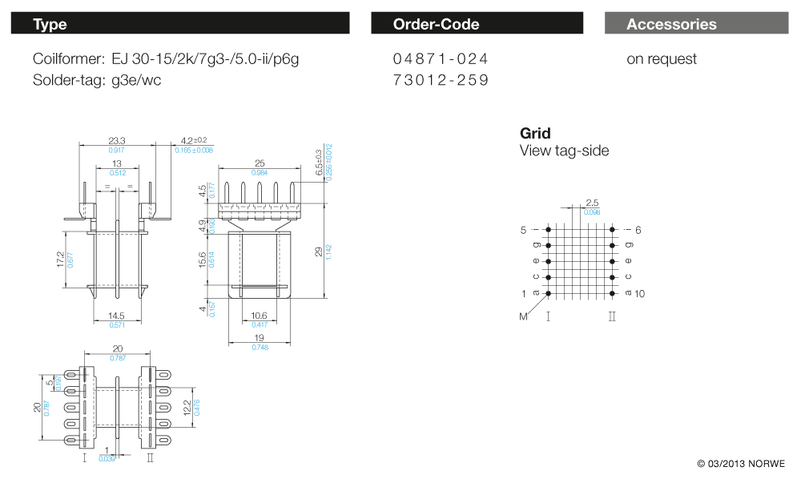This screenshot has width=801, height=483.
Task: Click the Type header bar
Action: coord(179,24)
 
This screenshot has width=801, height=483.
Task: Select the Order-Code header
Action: coord(477,24)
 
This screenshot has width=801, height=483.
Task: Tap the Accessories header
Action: coord(695,24)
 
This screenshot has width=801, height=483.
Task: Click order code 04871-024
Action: coord(440,59)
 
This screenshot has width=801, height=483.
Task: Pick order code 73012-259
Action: coord(440,80)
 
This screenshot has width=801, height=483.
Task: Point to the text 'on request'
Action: coord(661,59)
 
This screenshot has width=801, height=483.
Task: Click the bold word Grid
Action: coord(535,133)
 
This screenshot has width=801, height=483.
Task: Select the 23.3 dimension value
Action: coord(117,140)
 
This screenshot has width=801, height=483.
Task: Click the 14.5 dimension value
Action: coord(117,316)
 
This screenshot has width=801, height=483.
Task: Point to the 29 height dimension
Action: coord(319,252)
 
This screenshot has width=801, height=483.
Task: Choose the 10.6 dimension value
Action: coord(259,316)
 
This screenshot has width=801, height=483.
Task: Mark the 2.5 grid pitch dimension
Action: coord(592,203)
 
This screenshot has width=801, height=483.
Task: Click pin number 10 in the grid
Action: coord(639,294)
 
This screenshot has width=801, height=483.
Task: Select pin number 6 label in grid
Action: coord(638,230)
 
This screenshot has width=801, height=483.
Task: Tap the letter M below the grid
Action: coord(523,317)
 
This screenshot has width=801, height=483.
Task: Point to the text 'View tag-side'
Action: coord(564,151)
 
